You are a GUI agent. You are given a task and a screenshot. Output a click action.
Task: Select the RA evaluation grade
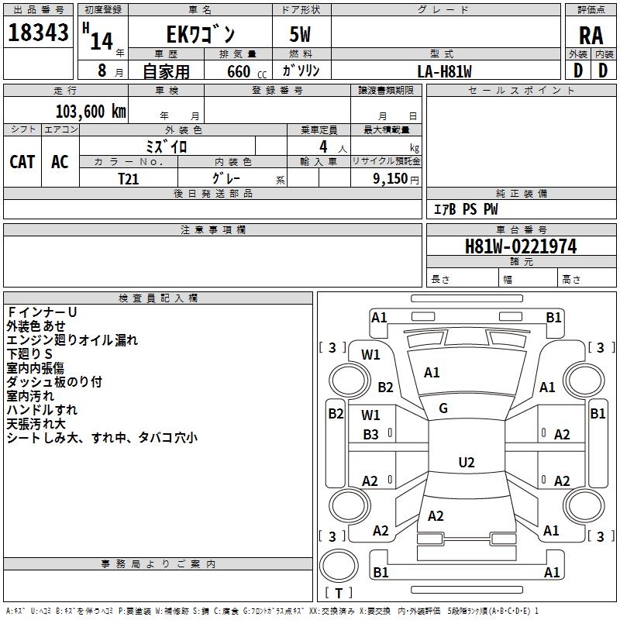coord(591,35)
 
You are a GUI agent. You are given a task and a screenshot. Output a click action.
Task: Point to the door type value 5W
coord(301,34)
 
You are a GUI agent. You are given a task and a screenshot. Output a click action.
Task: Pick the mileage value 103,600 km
coord(91,111)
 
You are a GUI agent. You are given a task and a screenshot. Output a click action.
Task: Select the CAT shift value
coord(22,161)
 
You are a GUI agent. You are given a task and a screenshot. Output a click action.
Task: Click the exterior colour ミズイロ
coord(167,146)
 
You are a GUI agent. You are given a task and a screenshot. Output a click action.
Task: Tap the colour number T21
coord(129,178)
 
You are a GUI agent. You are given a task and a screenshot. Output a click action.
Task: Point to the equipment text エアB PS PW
coord(465,209)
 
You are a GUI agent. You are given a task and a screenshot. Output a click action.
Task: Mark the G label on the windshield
coord(443,408)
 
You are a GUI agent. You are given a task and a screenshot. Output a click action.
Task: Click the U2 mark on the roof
coord(466,463)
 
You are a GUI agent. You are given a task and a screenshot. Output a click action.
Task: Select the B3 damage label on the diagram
coord(371,435)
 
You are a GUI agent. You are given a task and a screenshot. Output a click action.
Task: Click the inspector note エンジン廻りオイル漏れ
coord(72,339)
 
